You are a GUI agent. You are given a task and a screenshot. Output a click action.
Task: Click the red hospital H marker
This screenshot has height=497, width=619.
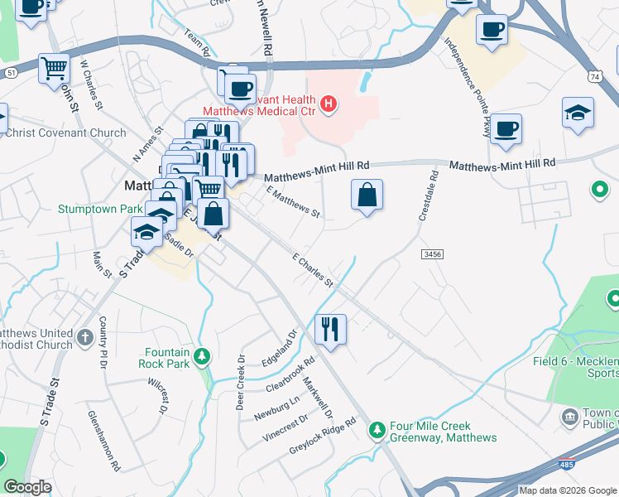pyautogui.click(x=329, y=104)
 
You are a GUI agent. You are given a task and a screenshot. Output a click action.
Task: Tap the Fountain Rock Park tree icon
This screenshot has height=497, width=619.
pyautogui.click(x=200, y=357)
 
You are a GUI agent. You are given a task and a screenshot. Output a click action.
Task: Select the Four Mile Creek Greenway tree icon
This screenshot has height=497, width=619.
pyautogui.click(x=377, y=429)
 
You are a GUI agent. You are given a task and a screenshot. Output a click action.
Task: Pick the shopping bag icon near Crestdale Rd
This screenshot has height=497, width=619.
pyautogui.click(x=367, y=195)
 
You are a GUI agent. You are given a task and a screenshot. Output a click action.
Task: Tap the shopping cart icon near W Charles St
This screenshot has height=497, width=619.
pyautogui.click(x=54, y=66)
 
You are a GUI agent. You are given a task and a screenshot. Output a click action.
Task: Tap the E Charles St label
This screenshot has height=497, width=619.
pyautogui.click(x=313, y=269)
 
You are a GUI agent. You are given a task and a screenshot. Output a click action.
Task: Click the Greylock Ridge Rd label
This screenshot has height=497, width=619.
pyautogui.click(x=322, y=436)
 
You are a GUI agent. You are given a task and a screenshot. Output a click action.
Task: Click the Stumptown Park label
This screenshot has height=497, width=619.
pyautogui.click(x=100, y=209)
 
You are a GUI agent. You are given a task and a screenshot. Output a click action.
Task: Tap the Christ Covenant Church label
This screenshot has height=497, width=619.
pyautogui.click(x=65, y=133)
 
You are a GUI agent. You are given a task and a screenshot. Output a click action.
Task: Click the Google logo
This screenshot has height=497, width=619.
pyautogui.click(x=28, y=487)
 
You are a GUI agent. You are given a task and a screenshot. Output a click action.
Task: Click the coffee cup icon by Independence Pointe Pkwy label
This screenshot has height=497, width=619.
pyautogui.click(x=506, y=128)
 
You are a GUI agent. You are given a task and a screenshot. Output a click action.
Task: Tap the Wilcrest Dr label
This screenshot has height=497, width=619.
pyautogui.click(x=158, y=396)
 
